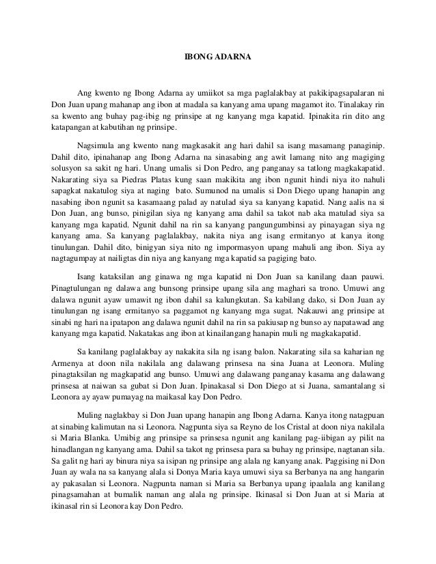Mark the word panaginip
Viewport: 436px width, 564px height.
pos(360,146)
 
